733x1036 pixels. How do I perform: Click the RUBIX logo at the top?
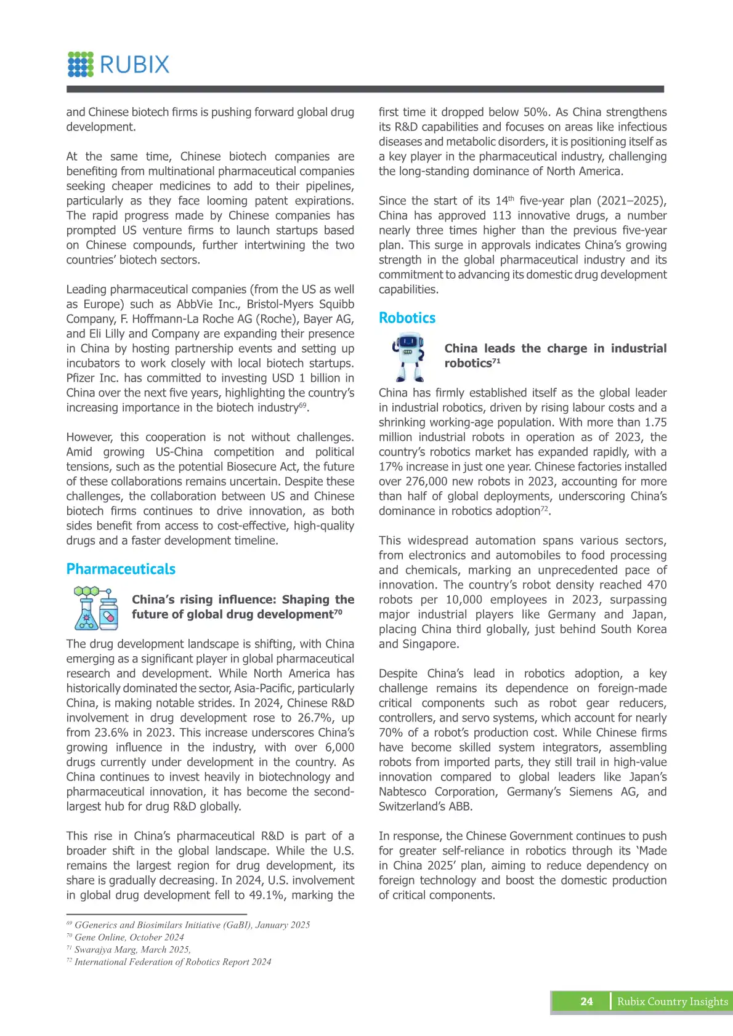pos(118,65)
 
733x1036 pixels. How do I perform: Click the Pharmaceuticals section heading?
pos(121,569)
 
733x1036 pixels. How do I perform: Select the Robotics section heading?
pos(407,318)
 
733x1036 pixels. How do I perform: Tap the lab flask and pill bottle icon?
pos(97,608)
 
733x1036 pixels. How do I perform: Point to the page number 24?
pos(586,1002)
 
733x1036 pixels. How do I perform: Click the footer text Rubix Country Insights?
pos(673,1002)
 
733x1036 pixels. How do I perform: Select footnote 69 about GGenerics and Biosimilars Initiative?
pos(188,925)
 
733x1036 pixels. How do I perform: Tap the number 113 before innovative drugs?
pos(502,215)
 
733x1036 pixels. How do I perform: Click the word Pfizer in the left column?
pos(83,378)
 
